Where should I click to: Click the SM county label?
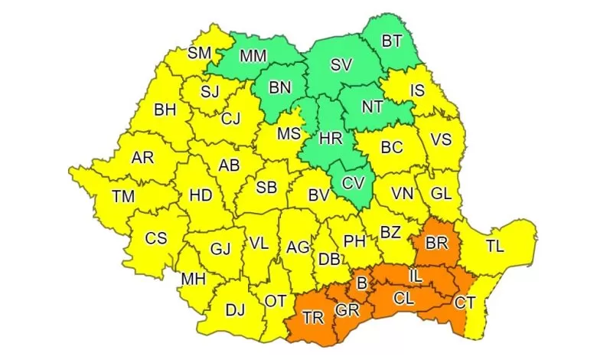pyautogui.click(x=200, y=53)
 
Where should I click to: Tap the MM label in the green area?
pyautogui.click(x=253, y=57)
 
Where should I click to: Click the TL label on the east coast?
pyautogui.click(x=496, y=247)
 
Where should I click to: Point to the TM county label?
pyautogui.click(x=122, y=196)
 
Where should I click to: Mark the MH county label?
pyautogui.click(x=193, y=279)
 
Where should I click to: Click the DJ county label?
pyautogui.click(x=235, y=310)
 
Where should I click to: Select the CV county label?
pyautogui.click(x=353, y=183)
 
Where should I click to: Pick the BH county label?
pyautogui.click(x=165, y=110)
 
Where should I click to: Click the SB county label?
pyautogui.click(x=266, y=188)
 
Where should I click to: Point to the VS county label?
pyautogui.click(x=442, y=139)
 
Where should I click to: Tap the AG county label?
pyautogui.click(x=298, y=247)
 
